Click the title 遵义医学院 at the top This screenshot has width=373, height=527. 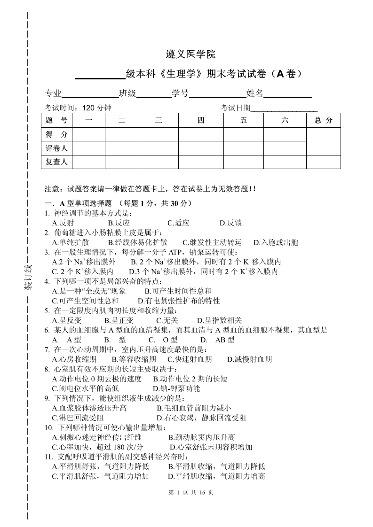[x=191, y=54]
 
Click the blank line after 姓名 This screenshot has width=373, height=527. [x=287, y=94]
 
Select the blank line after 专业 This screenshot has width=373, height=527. [x=90, y=94]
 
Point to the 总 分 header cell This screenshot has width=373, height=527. [x=323, y=120]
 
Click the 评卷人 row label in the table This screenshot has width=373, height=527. [x=57, y=148]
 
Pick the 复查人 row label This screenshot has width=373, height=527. [x=57, y=162]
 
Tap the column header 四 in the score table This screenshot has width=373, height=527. [x=200, y=120]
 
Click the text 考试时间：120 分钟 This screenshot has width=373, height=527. [x=78, y=108]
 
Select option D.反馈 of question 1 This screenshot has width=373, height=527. [x=230, y=223]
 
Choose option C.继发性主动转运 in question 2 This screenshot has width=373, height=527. [x=212, y=242]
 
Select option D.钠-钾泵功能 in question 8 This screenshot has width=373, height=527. [x=177, y=388]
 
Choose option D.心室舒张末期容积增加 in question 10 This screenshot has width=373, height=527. [x=211, y=447]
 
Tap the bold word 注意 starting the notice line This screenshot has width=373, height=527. [x=52, y=189]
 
